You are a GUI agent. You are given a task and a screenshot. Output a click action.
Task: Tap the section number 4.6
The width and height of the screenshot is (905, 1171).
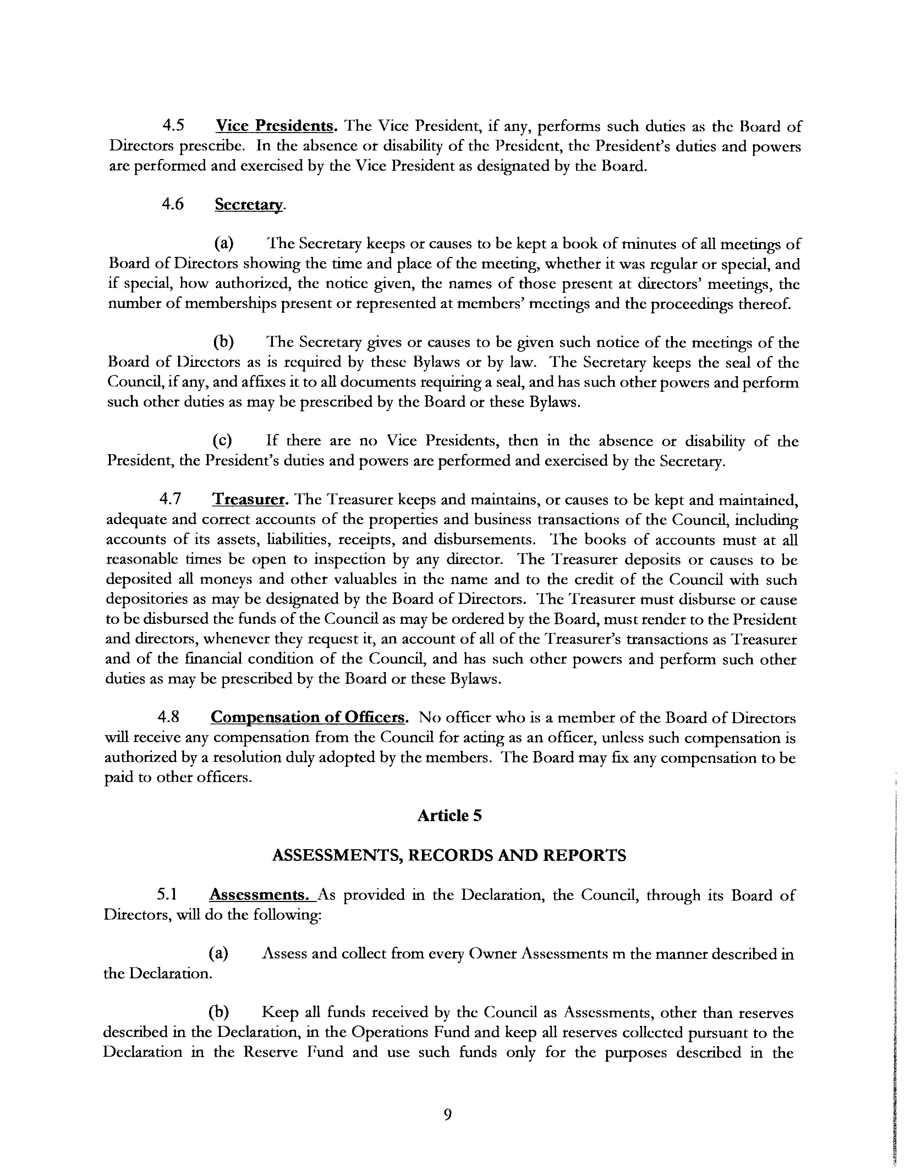click(172, 204)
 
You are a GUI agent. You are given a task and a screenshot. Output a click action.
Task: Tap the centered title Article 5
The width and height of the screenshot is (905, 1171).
click(449, 815)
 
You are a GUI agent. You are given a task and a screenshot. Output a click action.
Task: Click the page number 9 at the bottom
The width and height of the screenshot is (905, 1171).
click(448, 1115)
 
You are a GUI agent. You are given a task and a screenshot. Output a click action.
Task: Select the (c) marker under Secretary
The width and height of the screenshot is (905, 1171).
click(222, 441)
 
